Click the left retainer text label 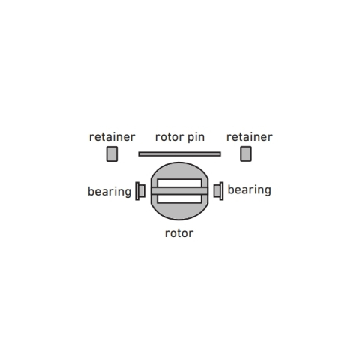(112, 137)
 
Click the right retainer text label (249, 137)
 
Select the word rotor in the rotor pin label (169, 137)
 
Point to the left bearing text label (109, 192)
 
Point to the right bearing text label (250, 190)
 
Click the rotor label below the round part (179, 233)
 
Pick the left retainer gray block (112, 154)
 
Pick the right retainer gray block (246, 154)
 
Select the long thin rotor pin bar (180, 154)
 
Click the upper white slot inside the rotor (179, 183)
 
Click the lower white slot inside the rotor (179, 199)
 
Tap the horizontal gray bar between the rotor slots (179, 191)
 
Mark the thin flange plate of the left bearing (137, 191)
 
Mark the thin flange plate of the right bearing (222, 191)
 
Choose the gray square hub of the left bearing (142, 191)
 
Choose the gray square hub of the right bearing (217, 191)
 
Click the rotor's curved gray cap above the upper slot (179, 171)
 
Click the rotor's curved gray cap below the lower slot (179, 211)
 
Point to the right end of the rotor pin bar (220, 154)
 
